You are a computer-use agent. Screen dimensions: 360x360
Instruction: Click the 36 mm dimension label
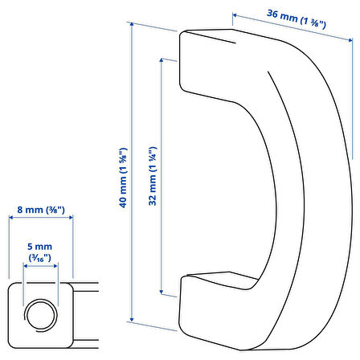pyautogui.click(x=297, y=18)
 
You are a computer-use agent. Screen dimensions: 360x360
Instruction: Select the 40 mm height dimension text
pyautogui.click(x=123, y=178)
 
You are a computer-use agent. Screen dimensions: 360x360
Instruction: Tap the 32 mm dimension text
pyautogui.click(x=153, y=176)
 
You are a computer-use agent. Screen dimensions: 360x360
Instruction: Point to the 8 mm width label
pyautogui.click(x=41, y=210)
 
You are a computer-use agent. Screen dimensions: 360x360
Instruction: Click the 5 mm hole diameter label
pyautogui.click(x=40, y=247)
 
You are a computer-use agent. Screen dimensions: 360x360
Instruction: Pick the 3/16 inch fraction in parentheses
pyautogui.click(x=40, y=258)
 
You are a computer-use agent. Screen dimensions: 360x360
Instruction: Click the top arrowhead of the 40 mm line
pyautogui.click(x=132, y=24)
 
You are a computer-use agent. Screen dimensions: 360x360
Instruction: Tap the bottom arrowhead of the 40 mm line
pyautogui.click(x=132, y=319)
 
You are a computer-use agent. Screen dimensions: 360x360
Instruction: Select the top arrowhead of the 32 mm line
pyautogui.click(x=162, y=60)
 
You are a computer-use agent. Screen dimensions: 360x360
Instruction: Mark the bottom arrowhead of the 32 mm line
pyautogui.click(x=162, y=292)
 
